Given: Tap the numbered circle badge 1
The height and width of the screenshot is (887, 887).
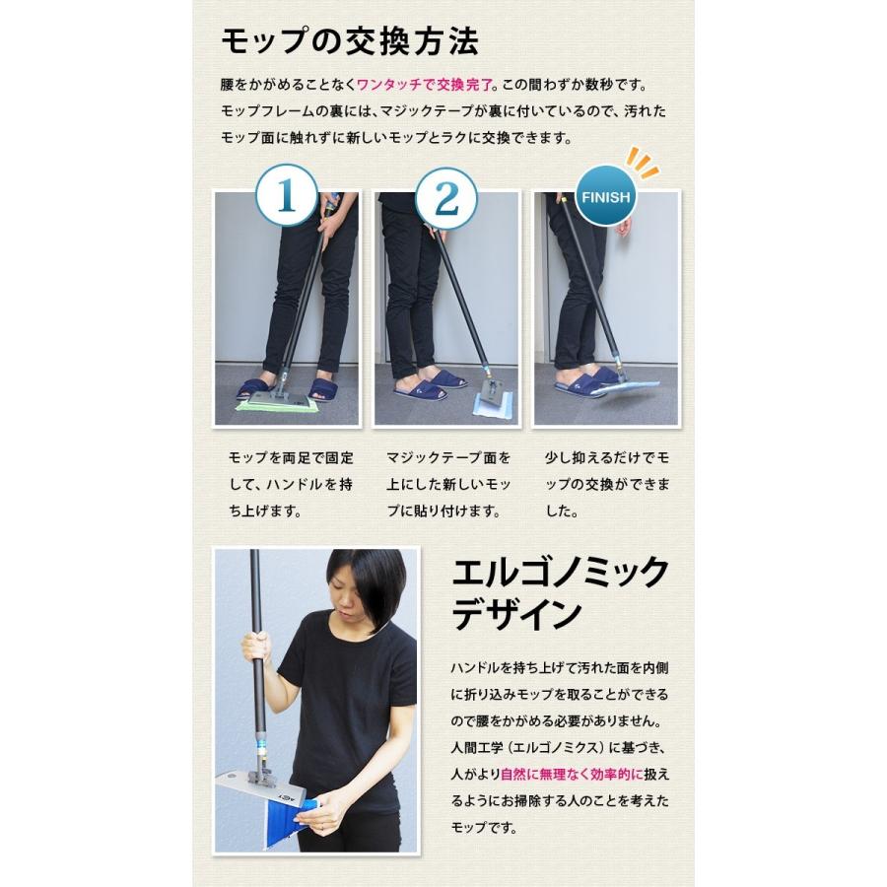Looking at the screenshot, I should [x=287, y=197].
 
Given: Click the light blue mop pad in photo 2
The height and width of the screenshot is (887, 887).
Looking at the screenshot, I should [x=490, y=406].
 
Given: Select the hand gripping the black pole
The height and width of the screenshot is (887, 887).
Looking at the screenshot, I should [x=256, y=646].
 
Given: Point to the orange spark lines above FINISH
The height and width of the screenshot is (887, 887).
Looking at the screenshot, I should [x=646, y=160].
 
